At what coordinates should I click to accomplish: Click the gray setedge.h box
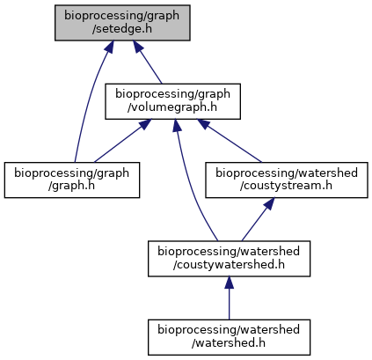[x=122, y=23]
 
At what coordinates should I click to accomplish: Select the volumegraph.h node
[x=172, y=101]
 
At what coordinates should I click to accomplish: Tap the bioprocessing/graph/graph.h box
[x=72, y=180]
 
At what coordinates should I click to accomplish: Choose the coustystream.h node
[x=287, y=180]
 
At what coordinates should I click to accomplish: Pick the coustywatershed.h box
[x=229, y=259]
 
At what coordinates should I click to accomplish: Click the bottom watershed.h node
[x=229, y=337]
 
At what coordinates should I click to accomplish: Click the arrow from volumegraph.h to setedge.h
[x=148, y=62]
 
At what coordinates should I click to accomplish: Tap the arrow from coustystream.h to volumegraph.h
[x=230, y=141]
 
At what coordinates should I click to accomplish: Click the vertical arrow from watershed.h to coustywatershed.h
[x=229, y=298]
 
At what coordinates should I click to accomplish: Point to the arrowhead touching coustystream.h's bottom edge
[x=270, y=203]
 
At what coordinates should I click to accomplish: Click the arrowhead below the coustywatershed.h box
[x=229, y=282]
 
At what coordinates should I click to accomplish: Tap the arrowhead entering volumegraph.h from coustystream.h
[x=203, y=123]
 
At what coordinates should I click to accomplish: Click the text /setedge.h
[x=122, y=29]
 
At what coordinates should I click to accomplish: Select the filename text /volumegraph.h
[x=172, y=107]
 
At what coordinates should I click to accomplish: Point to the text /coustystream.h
[x=287, y=186]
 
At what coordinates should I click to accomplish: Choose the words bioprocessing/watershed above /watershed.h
[x=229, y=330]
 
